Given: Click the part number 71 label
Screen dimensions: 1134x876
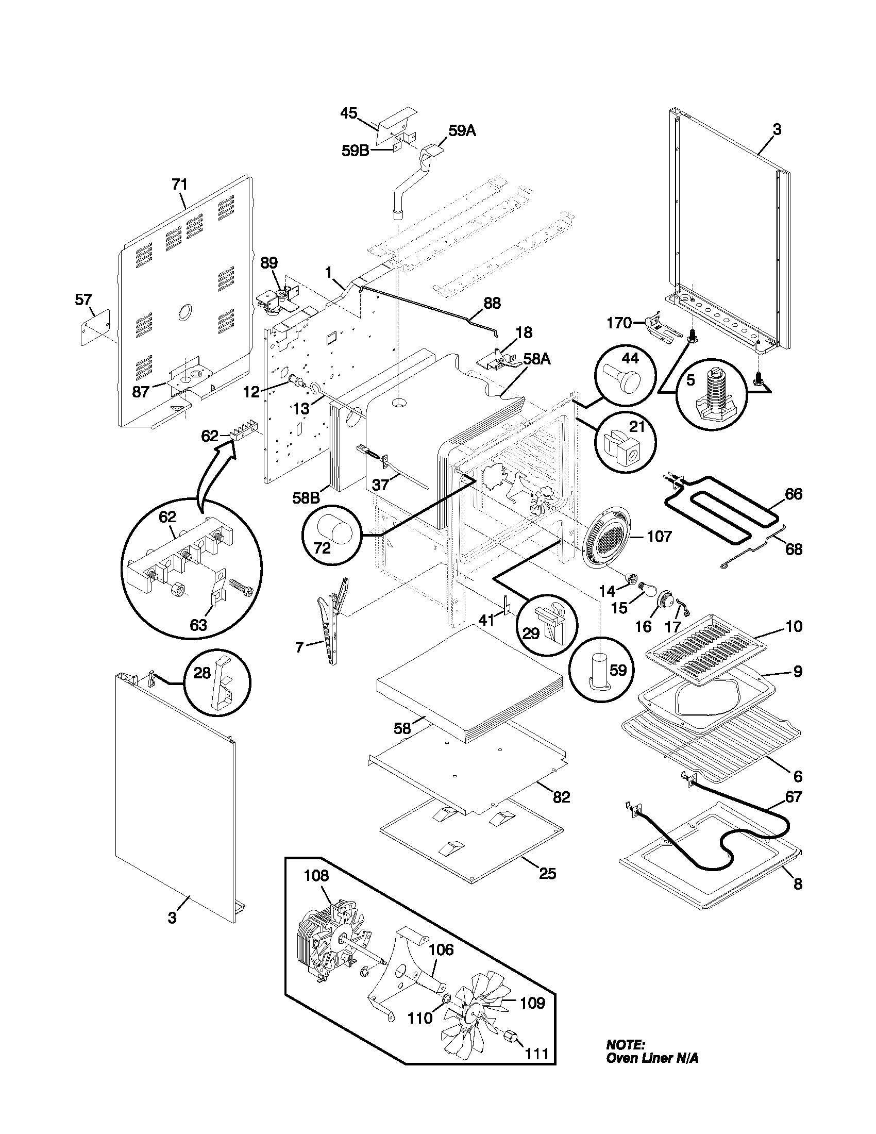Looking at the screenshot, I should tap(179, 185).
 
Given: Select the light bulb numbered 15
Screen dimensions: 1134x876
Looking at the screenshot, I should tap(647, 588).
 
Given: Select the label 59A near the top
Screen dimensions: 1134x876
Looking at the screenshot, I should tap(462, 131).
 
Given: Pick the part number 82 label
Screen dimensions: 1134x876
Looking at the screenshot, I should tap(562, 796).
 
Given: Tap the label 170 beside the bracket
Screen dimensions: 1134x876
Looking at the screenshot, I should tap(618, 324).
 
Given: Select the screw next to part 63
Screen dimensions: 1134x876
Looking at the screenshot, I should tap(239, 591).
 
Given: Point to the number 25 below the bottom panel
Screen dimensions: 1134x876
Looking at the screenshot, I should tap(547, 874).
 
